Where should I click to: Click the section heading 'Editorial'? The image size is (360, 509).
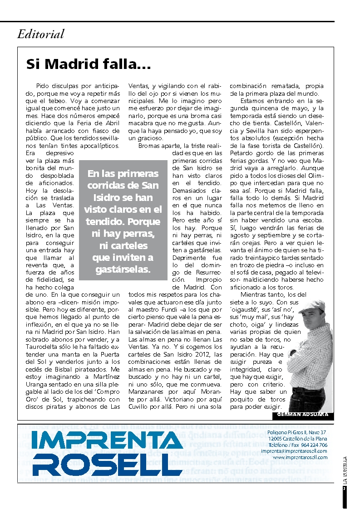point(41,34)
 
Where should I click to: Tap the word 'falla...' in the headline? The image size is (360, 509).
point(130,64)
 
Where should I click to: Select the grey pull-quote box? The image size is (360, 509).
point(123,220)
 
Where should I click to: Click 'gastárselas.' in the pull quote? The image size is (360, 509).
point(123,270)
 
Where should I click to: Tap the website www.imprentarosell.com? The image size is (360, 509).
point(300,458)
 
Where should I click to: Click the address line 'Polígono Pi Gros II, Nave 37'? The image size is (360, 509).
point(297,432)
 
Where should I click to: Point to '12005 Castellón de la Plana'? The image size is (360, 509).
point(297,439)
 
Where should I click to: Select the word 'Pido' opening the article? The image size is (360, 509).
point(43,86)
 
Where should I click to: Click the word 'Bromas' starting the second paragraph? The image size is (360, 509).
point(149,146)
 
